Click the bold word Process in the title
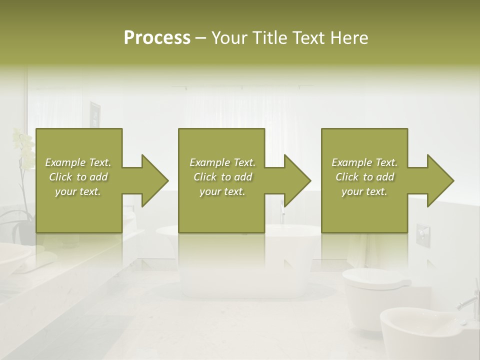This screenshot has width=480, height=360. pyautogui.click(x=157, y=37)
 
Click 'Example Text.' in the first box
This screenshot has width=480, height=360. pyautogui.click(x=78, y=162)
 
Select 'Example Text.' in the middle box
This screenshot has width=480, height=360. pyautogui.click(x=222, y=162)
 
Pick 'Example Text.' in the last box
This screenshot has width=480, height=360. pyautogui.click(x=364, y=162)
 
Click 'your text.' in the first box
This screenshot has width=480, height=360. pyautogui.click(x=78, y=191)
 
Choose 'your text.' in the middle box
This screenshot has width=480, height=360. pyautogui.click(x=222, y=191)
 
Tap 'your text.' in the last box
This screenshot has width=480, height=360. pyautogui.click(x=364, y=191)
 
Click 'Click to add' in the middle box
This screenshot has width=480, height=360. pyautogui.click(x=222, y=177)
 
